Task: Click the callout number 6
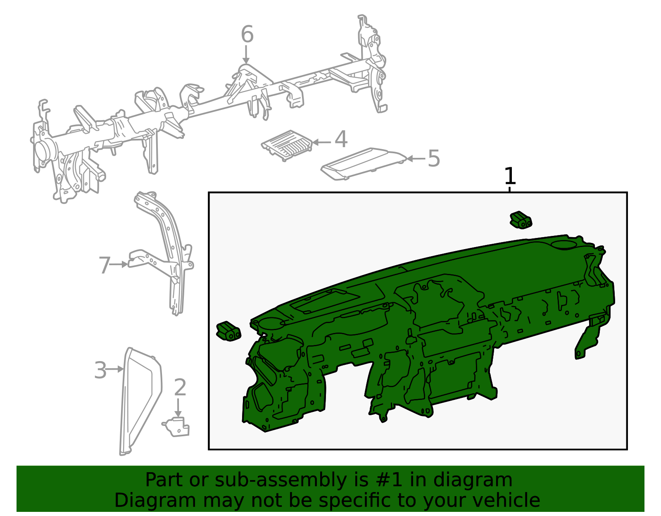tap(247, 34)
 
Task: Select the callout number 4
tap(341, 139)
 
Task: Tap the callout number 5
tap(434, 158)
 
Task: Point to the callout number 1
tap(510, 176)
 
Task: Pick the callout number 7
tap(105, 265)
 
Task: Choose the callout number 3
tap(100, 370)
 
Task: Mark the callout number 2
tap(180, 387)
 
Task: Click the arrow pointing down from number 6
tap(246, 55)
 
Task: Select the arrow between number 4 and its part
tap(321, 142)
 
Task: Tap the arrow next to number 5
tap(416, 159)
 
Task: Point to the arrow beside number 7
tap(118, 264)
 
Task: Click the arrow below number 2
tap(178, 407)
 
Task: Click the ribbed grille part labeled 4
tap(287, 145)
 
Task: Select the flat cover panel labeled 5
tap(364, 164)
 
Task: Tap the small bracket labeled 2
tap(176, 427)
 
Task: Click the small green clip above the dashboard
tap(521, 220)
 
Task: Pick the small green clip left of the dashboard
tap(228, 331)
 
